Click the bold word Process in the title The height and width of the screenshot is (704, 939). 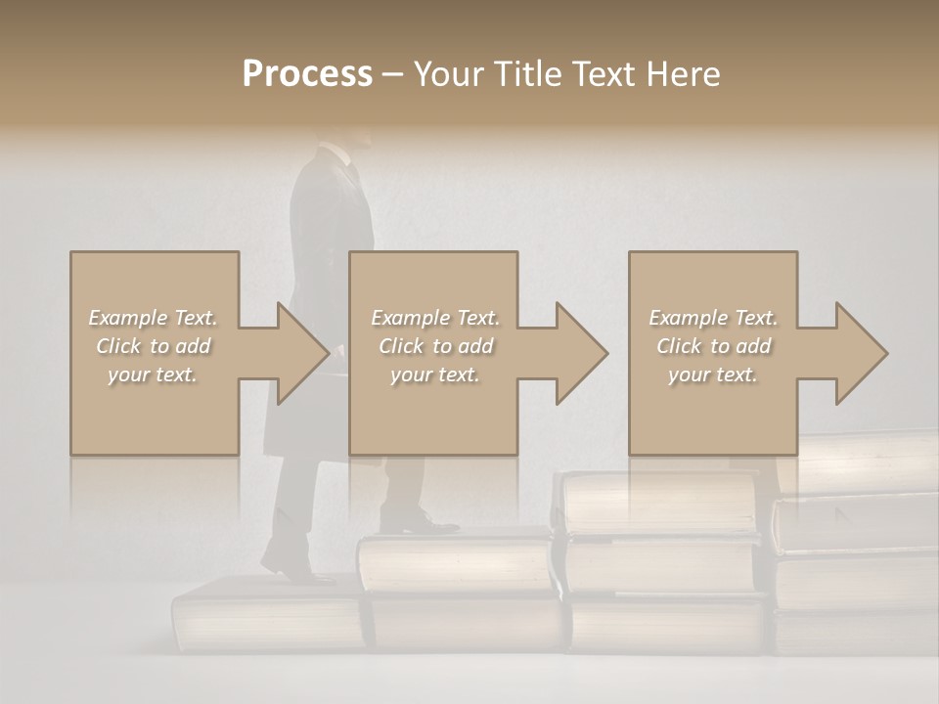tap(307, 73)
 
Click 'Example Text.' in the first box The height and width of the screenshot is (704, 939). tap(154, 318)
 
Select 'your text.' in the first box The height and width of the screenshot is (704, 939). tap(154, 374)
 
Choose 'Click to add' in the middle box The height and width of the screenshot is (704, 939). tap(435, 346)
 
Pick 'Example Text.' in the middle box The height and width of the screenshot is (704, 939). tap(435, 318)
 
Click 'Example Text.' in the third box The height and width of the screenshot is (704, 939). tap(713, 318)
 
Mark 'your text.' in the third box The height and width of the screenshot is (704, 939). tap(713, 374)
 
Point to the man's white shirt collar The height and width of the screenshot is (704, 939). tap(336, 153)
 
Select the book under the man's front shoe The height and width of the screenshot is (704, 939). tap(454, 563)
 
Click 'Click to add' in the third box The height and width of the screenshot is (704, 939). tap(713, 346)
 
